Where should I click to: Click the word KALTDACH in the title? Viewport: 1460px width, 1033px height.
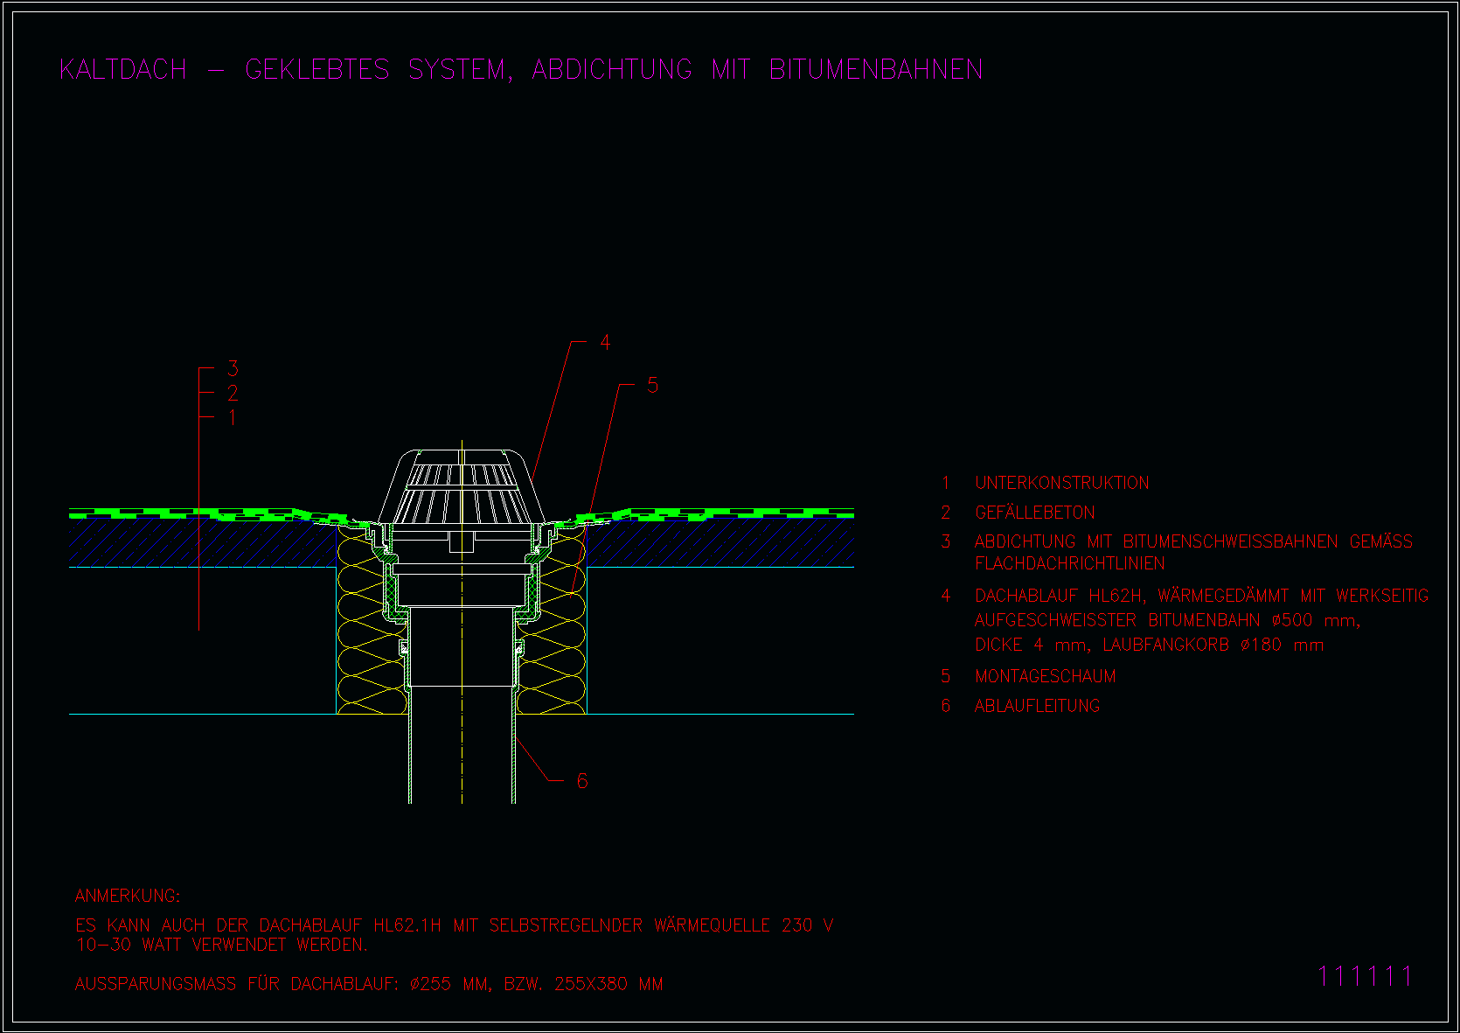pyautogui.click(x=123, y=70)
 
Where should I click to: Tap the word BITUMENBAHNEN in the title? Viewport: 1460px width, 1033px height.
pyautogui.click(x=876, y=70)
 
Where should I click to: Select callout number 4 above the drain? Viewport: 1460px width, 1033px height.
pyautogui.click(x=605, y=342)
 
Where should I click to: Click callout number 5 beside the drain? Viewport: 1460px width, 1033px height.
pyautogui.click(x=652, y=386)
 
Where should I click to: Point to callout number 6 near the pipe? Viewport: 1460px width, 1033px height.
pyautogui.click(x=582, y=780)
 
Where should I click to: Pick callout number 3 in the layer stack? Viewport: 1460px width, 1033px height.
pyautogui.click(x=233, y=368)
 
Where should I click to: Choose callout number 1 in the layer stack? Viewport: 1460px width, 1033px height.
pyautogui.click(x=233, y=417)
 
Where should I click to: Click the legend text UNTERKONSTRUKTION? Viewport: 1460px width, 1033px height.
pyautogui.click(x=1061, y=483)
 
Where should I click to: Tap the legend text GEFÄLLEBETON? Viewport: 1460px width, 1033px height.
pyautogui.click(x=1034, y=512)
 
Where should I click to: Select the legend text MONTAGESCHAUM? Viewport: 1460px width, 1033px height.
pyautogui.click(x=1045, y=676)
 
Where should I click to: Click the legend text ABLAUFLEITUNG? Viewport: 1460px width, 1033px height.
pyautogui.click(x=1037, y=706)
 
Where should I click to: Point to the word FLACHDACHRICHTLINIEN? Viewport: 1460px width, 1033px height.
pyautogui.click(x=1069, y=563)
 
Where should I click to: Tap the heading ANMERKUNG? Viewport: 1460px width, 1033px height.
pyautogui.click(x=128, y=896)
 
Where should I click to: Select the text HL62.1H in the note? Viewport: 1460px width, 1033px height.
pyautogui.click(x=407, y=925)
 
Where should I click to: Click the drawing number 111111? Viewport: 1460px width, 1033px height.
pyautogui.click(x=1364, y=977)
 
